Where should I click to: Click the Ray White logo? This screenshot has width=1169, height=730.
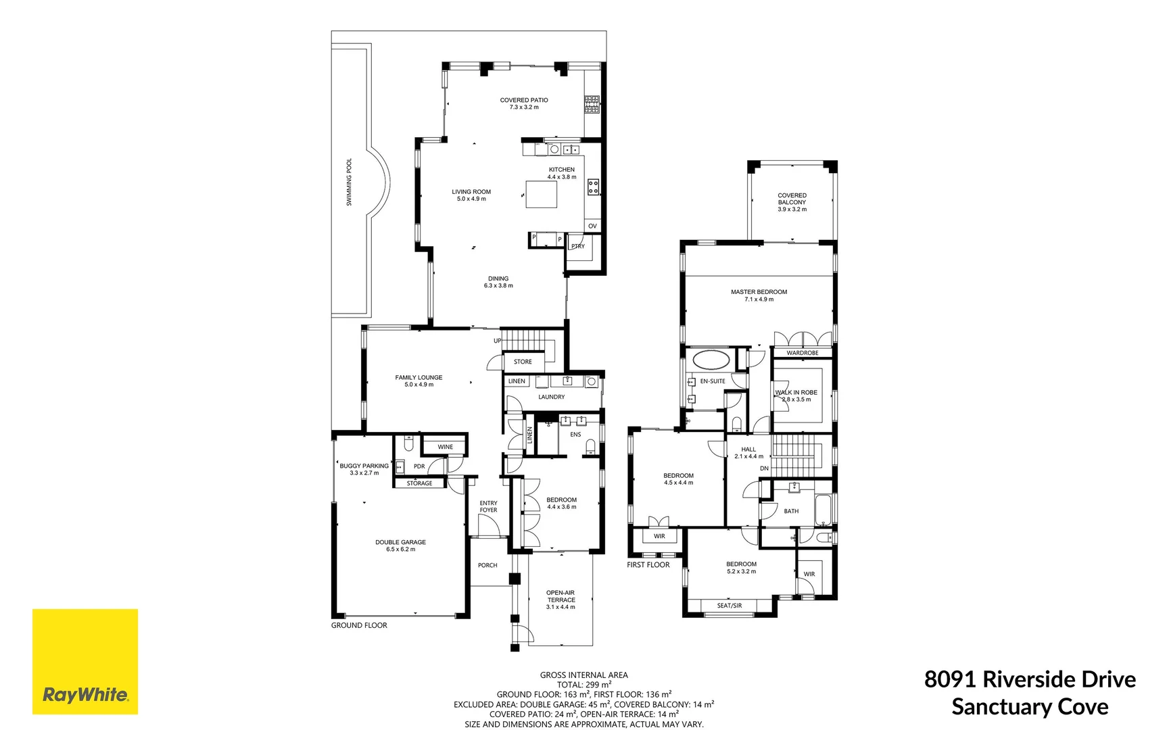coord(85,661)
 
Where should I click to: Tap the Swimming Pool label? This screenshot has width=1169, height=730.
coord(350,182)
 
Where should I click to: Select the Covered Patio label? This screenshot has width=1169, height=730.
coord(524,100)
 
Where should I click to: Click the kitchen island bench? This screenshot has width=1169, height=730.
coord(542,194)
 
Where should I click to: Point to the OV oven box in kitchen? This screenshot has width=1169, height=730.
coord(592,226)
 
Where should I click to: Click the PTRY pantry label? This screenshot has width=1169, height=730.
coord(578,247)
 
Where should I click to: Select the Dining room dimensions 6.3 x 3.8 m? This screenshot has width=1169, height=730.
coord(498,286)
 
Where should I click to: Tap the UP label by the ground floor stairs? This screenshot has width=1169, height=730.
coord(498,341)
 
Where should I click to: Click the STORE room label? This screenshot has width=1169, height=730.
coord(523,362)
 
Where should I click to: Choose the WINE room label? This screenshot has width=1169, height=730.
coord(445,447)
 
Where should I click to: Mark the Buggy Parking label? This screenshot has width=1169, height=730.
coord(364,466)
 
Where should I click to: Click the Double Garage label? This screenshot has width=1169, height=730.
coord(400,542)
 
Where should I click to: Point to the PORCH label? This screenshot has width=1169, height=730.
coord(487,566)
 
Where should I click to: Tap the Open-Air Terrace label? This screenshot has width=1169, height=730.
coord(560,596)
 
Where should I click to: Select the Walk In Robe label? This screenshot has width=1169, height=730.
coord(796,393)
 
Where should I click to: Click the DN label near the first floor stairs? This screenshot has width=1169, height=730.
coord(764,468)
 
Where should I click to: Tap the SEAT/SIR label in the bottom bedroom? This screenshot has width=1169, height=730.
coord(730,606)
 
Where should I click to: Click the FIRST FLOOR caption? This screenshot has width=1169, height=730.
coord(648,565)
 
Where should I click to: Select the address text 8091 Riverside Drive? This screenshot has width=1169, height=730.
coord(1030,679)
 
